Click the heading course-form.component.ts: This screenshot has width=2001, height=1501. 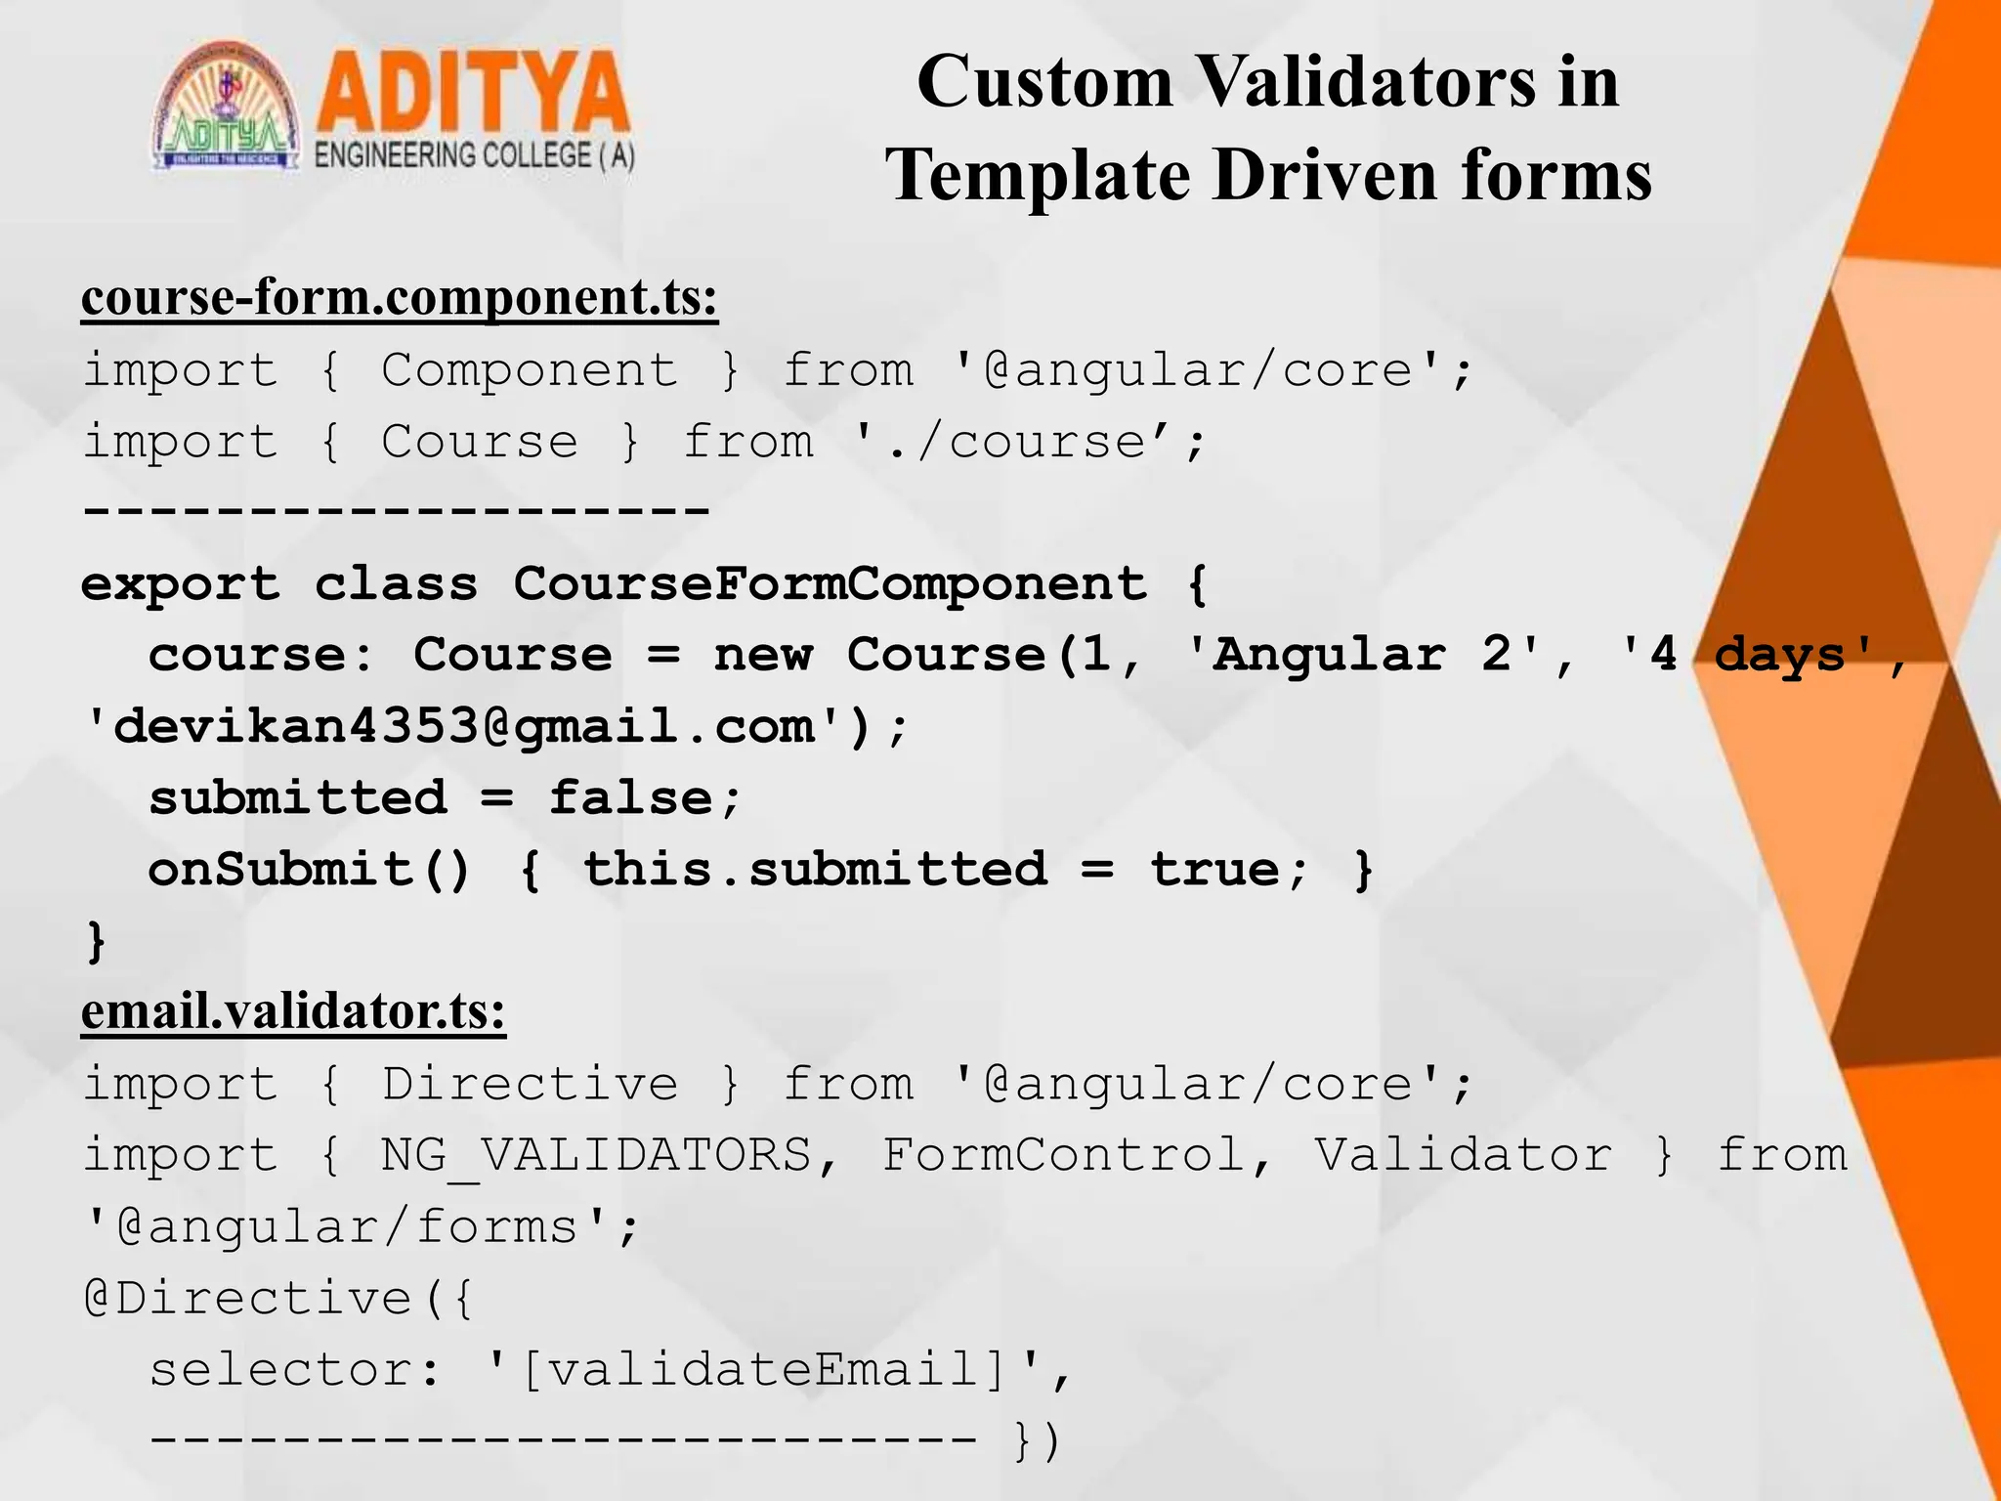[400, 297]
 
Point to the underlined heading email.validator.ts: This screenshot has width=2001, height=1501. [293, 1011]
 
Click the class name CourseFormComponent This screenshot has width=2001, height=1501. [830, 584]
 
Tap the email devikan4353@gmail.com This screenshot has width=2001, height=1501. [464, 727]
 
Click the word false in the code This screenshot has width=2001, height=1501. [631, 798]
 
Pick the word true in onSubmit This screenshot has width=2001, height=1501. [1213, 870]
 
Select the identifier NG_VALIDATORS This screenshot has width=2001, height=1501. [596, 1155]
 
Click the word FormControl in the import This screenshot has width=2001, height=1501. [1063, 1155]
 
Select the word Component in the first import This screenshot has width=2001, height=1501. [529, 370]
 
